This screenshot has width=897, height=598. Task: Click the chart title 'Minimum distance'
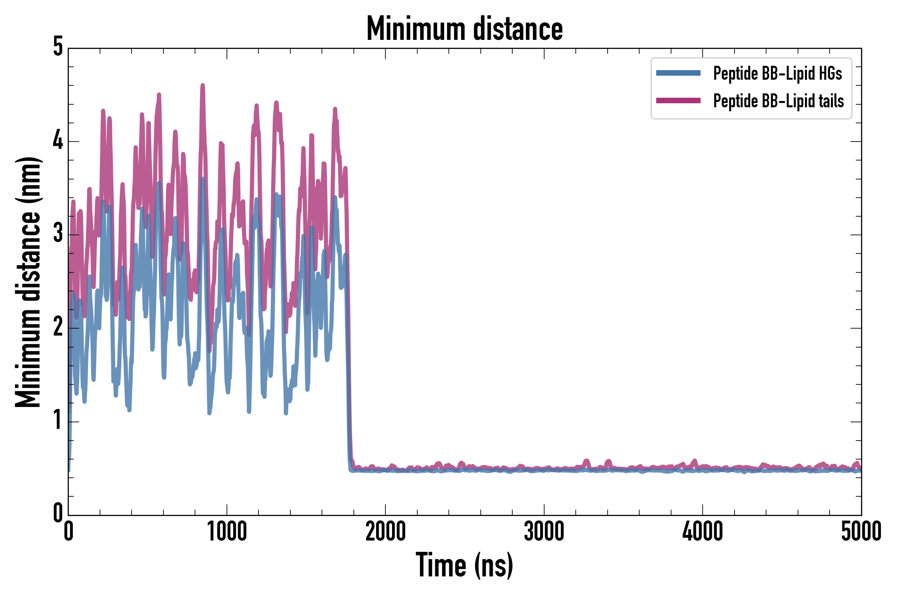click(464, 29)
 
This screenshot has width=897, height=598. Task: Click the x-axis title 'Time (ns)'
click(464, 565)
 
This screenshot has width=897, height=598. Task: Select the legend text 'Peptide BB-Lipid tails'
click(778, 101)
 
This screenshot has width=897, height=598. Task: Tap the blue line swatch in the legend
click(678, 73)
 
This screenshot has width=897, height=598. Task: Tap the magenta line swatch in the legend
click(678, 101)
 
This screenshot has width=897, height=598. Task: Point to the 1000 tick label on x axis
click(227, 532)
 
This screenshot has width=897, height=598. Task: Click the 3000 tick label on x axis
click(544, 532)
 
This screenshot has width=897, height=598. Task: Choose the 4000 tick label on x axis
click(703, 532)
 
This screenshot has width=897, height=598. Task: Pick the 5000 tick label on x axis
click(861, 532)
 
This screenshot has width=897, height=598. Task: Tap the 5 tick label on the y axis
click(58, 47)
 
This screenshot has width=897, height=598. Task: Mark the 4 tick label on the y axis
click(58, 141)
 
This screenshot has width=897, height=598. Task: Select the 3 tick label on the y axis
click(58, 234)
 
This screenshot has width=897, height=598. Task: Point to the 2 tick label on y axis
click(58, 328)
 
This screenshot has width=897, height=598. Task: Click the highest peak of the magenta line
click(203, 85)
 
